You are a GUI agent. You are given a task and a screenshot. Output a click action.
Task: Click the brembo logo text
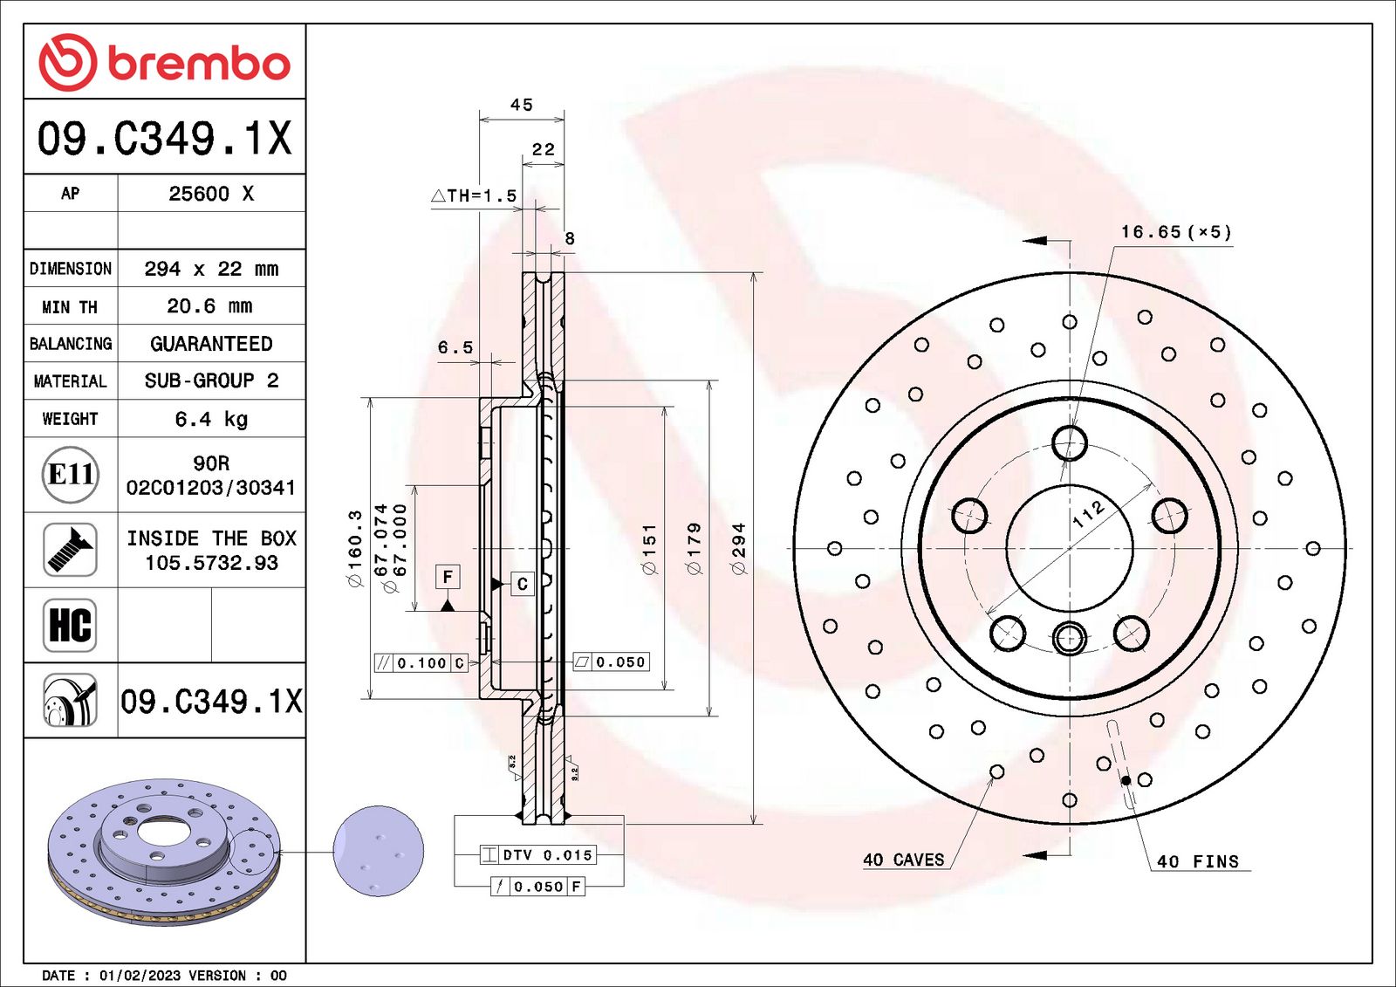point(199,65)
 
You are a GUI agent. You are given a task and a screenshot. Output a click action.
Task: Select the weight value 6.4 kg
point(211,419)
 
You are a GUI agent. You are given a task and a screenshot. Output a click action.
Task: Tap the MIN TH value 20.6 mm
point(210,306)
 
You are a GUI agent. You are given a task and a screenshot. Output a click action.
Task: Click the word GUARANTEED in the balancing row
point(211,344)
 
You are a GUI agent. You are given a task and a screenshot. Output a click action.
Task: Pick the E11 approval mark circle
point(71,475)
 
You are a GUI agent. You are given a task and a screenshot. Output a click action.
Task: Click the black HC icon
point(70,625)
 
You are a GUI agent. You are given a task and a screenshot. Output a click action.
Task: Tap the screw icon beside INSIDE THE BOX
point(70,550)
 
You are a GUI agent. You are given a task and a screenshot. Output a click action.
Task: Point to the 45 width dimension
point(522,105)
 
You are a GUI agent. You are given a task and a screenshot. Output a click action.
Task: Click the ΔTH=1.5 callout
point(474,195)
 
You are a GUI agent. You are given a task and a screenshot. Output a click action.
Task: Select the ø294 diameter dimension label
point(739,549)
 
